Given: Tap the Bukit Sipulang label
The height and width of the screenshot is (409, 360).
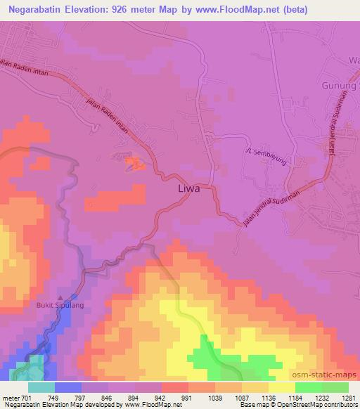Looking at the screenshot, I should click(60, 306).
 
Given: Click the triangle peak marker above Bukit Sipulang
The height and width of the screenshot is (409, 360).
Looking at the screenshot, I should click(60, 297).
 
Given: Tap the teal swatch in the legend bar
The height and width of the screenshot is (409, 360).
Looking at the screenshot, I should click(41, 387).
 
